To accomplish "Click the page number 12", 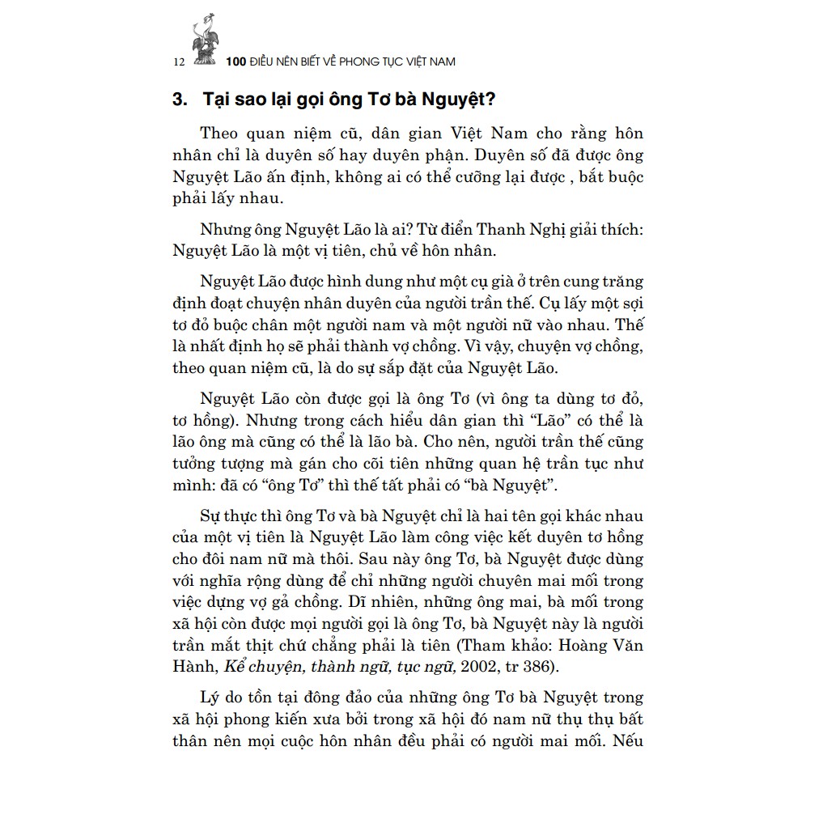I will [180, 62].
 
